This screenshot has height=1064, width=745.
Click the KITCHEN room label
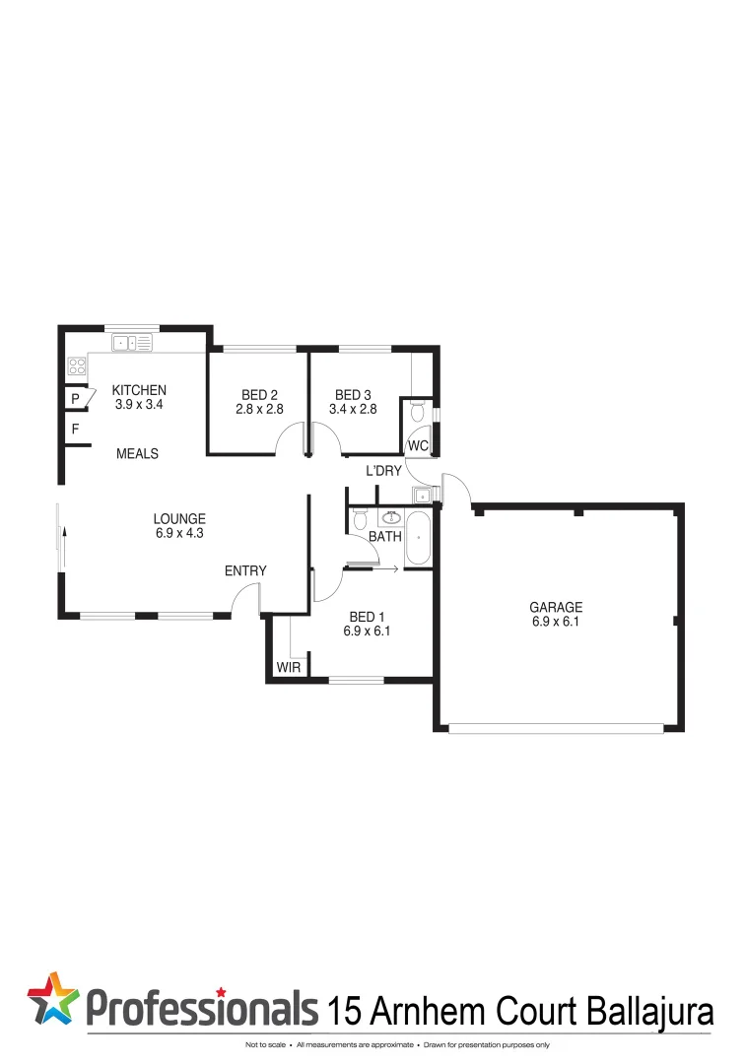point(139,390)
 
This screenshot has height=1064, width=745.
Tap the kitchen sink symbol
point(132,344)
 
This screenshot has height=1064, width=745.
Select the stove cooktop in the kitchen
point(77,368)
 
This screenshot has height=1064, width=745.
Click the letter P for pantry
point(75,399)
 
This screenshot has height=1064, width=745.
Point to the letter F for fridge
point(75,430)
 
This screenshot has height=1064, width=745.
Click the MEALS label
point(137,454)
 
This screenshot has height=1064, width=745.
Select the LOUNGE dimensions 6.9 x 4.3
point(179,533)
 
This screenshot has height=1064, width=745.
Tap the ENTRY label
point(245,570)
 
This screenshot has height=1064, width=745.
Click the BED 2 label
point(259,395)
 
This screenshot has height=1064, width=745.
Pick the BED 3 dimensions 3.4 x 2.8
point(353,408)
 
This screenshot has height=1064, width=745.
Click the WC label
point(418,445)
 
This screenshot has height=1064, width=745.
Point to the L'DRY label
point(383,471)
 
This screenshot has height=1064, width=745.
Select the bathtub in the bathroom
point(419,539)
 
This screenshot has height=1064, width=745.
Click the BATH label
point(385,538)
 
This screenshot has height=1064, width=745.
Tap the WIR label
point(288,667)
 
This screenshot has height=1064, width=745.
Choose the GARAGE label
point(556,608)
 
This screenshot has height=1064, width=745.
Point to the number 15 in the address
point(343,1010)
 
